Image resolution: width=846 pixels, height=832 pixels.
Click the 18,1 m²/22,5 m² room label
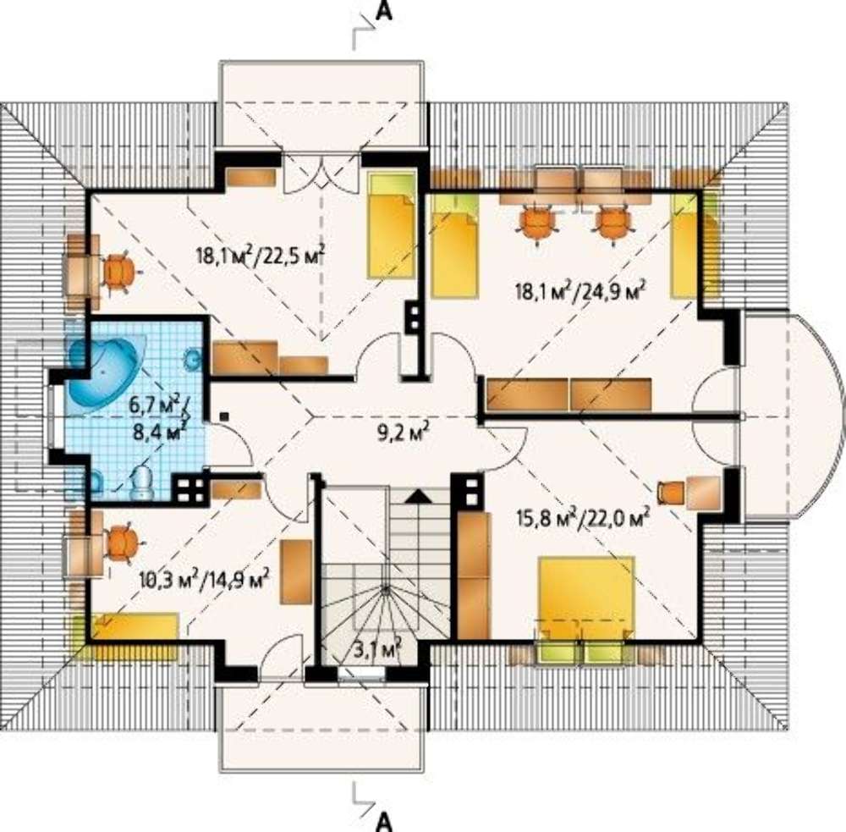coord(260,254)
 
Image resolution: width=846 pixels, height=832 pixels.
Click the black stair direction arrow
coord(420,496)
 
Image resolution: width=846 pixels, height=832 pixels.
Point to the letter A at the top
coord(383,12)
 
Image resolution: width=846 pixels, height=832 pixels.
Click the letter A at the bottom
coord(383,822)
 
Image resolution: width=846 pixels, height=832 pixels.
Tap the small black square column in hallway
coord(225,416)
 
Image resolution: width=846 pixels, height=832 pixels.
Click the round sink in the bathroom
coord(191,359)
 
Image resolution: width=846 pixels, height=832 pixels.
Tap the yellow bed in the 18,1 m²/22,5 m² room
coord(392,225)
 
